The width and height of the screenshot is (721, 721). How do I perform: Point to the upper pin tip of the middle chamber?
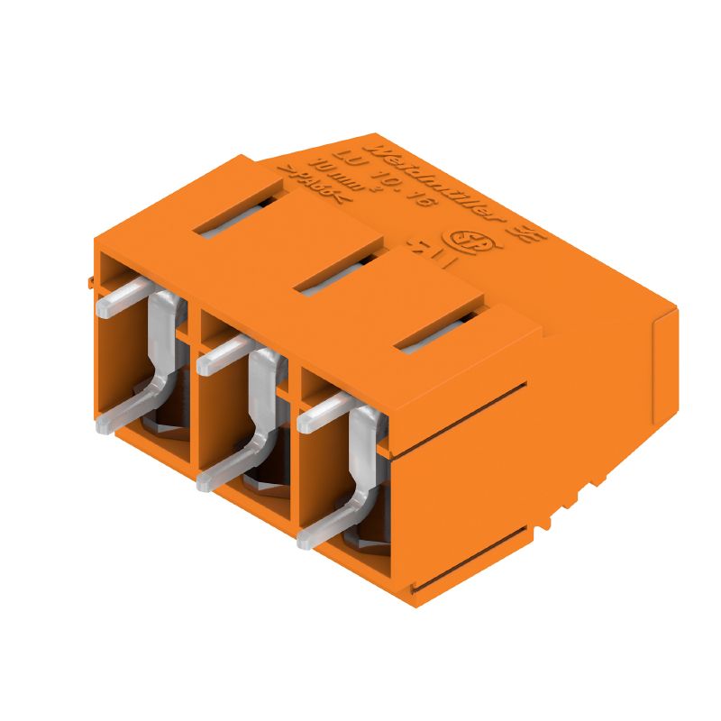[x=206, y=364]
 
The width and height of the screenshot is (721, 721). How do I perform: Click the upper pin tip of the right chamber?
[x=307, y=421]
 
